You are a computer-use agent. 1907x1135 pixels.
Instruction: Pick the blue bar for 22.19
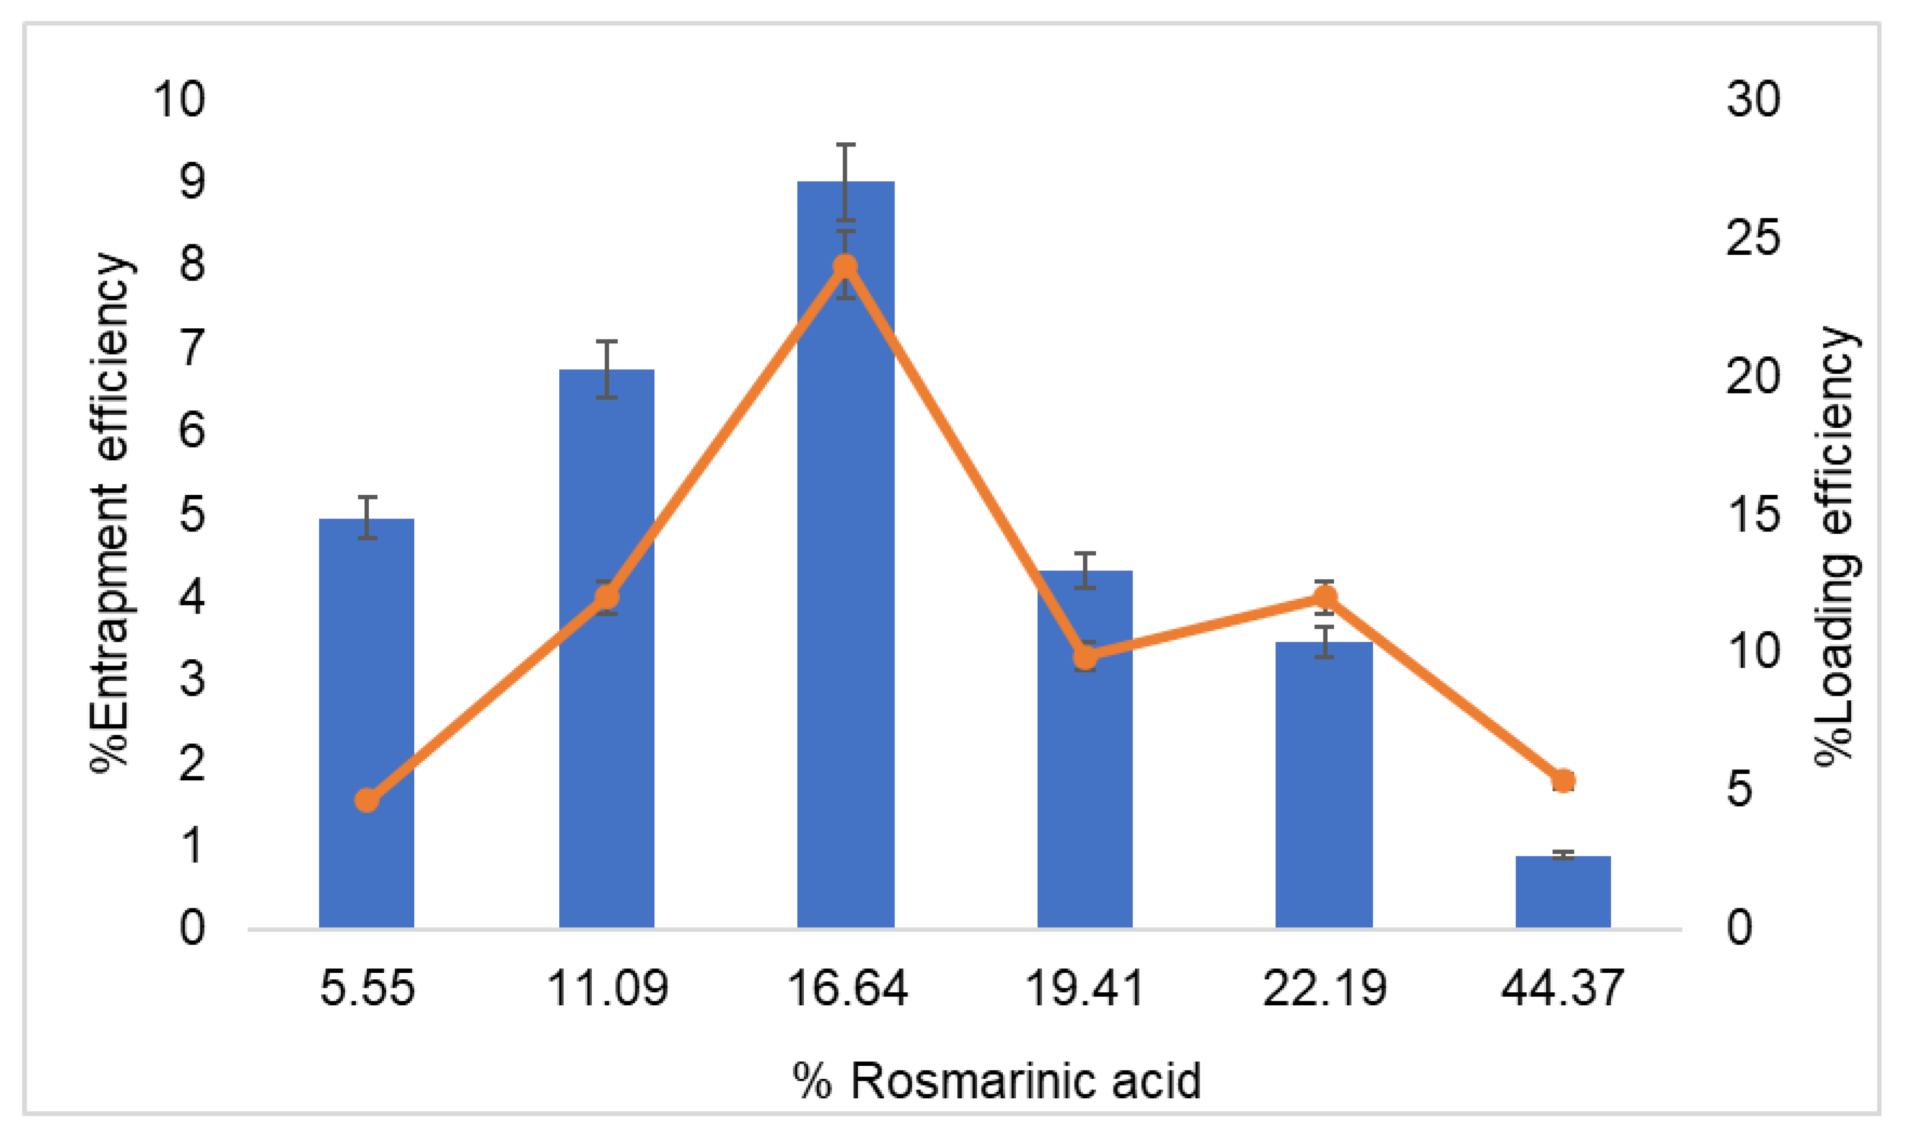coord(1324,788)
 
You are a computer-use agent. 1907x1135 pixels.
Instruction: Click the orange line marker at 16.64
coord(845,266)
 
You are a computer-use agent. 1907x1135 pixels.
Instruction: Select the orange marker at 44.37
coord(1564,781)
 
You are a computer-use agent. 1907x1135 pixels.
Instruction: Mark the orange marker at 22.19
coord(1325,596)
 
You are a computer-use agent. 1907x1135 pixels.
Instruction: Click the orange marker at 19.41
coord(1085,657)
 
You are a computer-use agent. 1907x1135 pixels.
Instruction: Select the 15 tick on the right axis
coord(1752,513)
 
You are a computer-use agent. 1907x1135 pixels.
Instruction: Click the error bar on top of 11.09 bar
coord(607,369)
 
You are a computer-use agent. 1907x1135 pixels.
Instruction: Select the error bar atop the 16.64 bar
coord(845,182)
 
